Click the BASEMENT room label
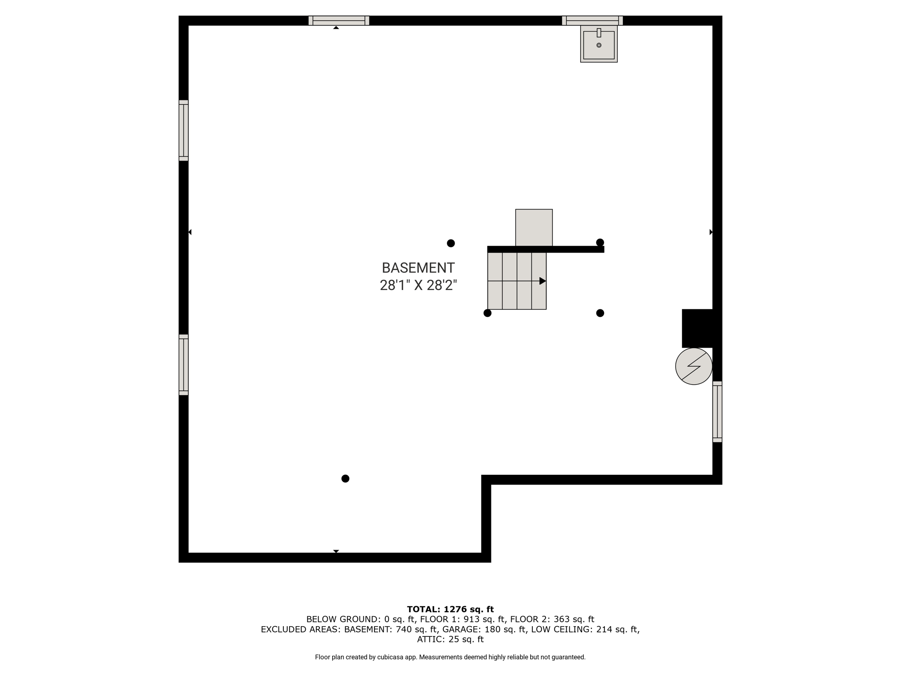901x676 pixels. coord(418,268)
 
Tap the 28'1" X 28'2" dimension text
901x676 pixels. coord(418,286)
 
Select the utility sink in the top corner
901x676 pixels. coord(599,44)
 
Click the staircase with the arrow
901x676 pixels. coord(517,281)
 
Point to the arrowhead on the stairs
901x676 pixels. coord(543,281)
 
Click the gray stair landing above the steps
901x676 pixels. coord(534,228)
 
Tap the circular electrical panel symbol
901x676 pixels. coord(694,366)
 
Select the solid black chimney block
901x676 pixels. coord(697,328)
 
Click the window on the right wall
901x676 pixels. coord(717,411)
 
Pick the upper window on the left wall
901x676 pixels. coord(183,130)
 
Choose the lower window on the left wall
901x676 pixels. coord(183,365)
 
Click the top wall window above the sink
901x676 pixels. coord(593,21)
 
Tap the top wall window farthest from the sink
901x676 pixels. coord(339,21)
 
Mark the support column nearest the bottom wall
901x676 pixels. coord(345,478)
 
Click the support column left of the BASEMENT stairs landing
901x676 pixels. coord(451,243)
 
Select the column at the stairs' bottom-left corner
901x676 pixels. coord(487,313)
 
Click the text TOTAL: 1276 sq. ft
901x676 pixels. coord(450,610)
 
